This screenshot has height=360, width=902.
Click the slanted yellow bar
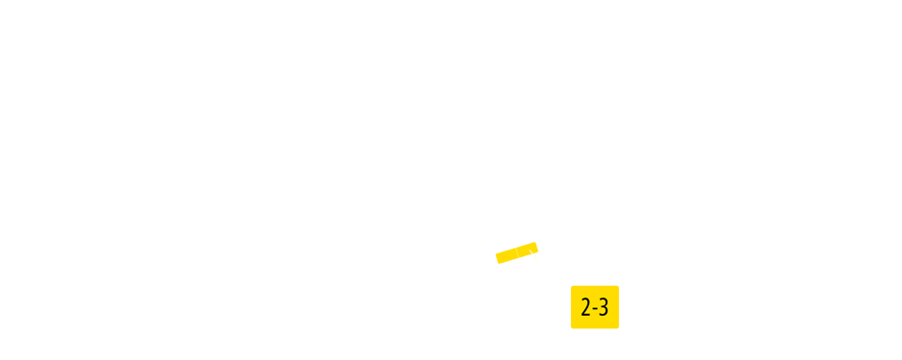click(516, 252)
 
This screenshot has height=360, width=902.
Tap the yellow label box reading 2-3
click(595, 307)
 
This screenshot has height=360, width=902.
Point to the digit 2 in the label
click(585, 308)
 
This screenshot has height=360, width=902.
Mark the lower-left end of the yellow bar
click(499, 258)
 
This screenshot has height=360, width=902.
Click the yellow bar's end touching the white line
click(534, 248)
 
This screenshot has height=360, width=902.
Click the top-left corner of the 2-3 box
click(572, 287)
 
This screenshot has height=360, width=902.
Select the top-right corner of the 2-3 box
click(618, 287)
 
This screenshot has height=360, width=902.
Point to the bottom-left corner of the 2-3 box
click(572, 327)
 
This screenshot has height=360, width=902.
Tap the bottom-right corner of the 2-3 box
click(618, 327)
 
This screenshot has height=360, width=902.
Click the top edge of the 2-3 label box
click(595, 286)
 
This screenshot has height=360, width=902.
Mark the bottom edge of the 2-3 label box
click(595, 327)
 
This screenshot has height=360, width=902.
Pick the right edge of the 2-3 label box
click(619, 307)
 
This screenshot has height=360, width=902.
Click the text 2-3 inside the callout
click(595, 308)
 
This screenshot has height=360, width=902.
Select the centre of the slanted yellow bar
click(516, 252)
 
